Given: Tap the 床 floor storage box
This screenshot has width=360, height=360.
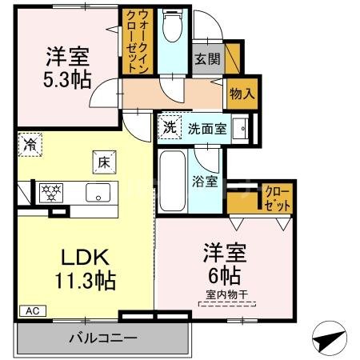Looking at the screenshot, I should coord(104,161).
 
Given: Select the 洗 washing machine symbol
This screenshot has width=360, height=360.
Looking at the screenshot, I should coord(170,126).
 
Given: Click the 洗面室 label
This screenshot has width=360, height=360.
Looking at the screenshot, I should coord(207,127).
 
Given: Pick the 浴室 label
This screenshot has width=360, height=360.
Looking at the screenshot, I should coord(206,182).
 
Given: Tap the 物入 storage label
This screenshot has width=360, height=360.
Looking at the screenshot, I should coord(241,93).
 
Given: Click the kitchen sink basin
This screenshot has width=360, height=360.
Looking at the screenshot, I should coord(100,193).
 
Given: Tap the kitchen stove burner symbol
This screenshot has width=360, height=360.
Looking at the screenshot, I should coord(52,192).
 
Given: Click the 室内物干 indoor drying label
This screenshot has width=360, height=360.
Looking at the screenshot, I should coord(226,297).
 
